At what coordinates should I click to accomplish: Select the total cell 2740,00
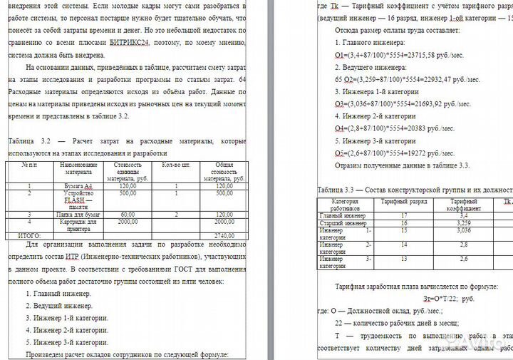tap(224, 235)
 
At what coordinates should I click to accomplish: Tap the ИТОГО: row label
tap(29, 235)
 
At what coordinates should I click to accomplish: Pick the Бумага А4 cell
tap(79, 185)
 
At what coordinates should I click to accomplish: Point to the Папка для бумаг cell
tap(79, 214)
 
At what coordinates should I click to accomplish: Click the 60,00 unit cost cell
tap(128, 214)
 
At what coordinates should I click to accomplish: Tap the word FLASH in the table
tap(75, 200)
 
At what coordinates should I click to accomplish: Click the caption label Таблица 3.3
tap(338, 191)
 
